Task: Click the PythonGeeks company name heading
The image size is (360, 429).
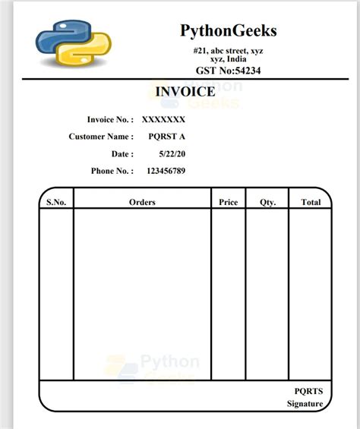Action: click(228, 30)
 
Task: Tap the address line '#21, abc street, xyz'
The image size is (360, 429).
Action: click(228, 50)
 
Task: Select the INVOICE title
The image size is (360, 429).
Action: click(185, 91)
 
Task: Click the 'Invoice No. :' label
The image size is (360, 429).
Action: click(110, 119)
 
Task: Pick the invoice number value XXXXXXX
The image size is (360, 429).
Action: click(163, 119)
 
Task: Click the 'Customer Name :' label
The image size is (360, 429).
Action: click(101, 137)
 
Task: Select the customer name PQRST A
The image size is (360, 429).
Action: click(167, 137)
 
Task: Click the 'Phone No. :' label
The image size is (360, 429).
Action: click(112, 171)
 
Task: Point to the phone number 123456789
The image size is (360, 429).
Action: click(166, 171)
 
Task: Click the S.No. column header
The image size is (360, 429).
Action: click(56, 202)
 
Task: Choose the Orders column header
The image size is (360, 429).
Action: click(142, 202)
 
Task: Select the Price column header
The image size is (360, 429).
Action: click(228, 202)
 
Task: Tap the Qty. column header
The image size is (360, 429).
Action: click(267, 202)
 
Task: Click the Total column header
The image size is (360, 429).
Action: click(311, 202)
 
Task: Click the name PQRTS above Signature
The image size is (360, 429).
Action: click(308, 391)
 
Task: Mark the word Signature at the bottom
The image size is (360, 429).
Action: click(305, 404)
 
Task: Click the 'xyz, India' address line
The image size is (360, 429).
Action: click(228, 59)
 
